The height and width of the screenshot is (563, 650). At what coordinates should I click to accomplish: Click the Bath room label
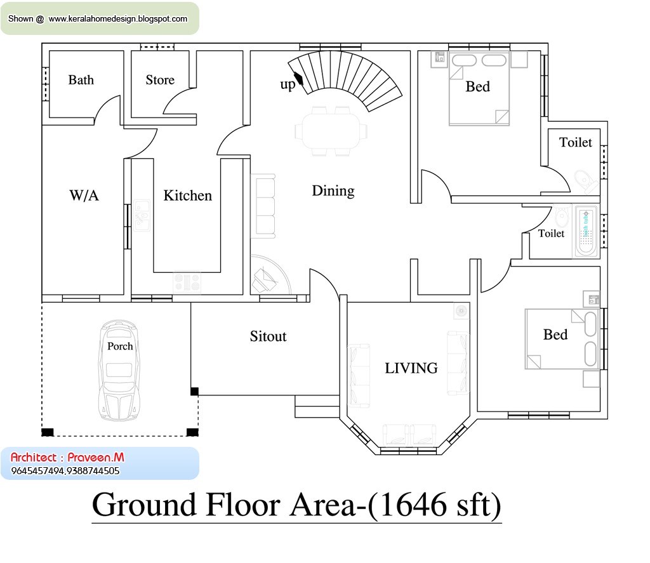point(81,80)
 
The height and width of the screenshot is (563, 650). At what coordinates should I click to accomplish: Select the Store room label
point(160,80)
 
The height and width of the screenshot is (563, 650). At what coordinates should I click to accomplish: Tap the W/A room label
point(84,195)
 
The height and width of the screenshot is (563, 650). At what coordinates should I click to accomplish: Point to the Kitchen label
point(187,195)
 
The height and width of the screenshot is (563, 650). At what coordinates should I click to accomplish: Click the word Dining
point(333,191)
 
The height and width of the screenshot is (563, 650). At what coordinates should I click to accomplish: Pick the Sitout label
point(268,336)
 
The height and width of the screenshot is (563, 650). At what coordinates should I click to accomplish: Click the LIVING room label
point(411,368)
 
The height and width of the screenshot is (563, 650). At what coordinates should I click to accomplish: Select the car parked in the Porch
point(119,371)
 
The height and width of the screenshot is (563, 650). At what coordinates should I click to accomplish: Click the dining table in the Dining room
point(331,131)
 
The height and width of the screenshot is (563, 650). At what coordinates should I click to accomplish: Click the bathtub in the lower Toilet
point(586,232)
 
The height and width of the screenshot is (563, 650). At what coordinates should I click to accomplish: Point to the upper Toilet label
point(575,143)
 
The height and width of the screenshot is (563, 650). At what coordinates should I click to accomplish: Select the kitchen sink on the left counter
point(141,216)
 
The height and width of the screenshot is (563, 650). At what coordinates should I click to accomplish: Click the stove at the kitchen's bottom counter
point(187,281)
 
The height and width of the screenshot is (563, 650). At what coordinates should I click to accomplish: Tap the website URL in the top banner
point(117,19)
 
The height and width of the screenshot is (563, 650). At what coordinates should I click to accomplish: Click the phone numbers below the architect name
point(65,471)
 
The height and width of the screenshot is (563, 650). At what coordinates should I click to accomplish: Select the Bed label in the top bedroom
point(477,86)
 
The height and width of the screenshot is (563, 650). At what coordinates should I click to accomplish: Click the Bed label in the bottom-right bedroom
point(555,334)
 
